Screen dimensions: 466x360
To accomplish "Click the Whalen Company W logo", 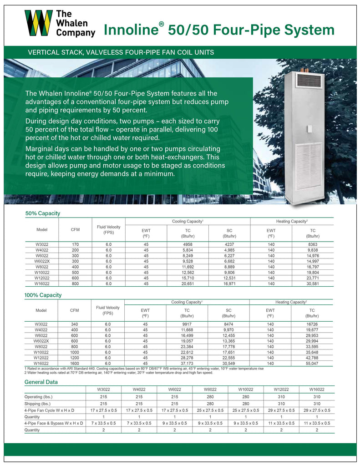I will click(x=38, y=23).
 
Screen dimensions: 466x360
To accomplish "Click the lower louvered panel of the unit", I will click(x=309, y=166).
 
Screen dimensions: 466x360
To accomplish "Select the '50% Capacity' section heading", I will click(x=43, y=213).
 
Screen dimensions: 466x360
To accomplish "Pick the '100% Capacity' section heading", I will click(x=43, y=295).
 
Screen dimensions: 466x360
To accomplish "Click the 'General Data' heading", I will click(x=41, y=382).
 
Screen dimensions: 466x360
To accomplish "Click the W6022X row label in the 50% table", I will click(x=42, y=261).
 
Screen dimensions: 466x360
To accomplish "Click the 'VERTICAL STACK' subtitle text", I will click(x=121, y=53).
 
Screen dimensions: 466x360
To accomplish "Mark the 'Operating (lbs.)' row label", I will click(x=41, y=396).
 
